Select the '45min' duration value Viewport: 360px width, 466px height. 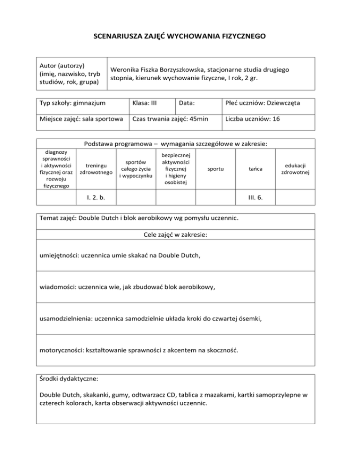coord(199,119)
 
